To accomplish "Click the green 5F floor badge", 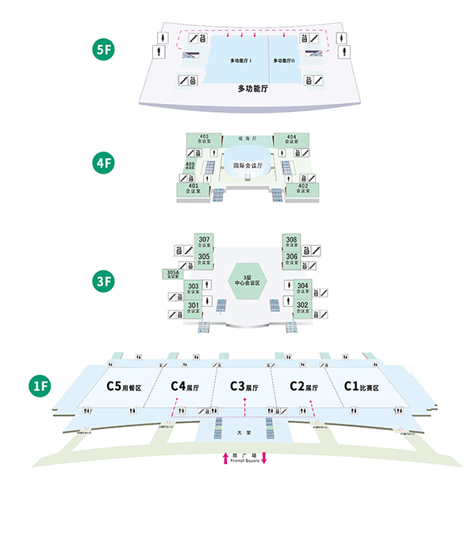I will (104, 48).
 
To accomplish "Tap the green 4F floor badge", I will (104, 164).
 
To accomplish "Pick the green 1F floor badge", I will (41, 386).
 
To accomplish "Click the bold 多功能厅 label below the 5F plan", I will (254, 90).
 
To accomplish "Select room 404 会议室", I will (291, 140).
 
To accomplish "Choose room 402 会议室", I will (302, 189).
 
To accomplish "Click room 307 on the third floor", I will (204, 242).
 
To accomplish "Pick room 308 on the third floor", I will (291, 242).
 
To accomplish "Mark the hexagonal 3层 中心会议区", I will (245, 280).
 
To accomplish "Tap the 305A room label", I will (172, 275).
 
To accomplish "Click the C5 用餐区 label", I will (123, 387).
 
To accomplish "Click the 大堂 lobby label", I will (244, 434).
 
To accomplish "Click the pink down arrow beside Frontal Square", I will (264, 458).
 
